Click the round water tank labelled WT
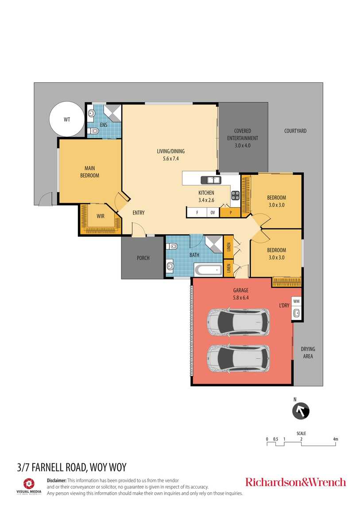click(67, 119)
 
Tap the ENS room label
click(104, 125)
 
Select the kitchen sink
click(211, 180)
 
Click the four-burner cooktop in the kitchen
click(235, 196)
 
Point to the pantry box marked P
click(230, 212)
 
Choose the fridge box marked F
click(197, 212)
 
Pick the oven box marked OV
click(213, 212)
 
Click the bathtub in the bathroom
click(208, 270)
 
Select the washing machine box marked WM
click(296, 301)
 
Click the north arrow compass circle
click(301, 411)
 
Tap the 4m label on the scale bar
click(336, 439)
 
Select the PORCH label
click(143, 258)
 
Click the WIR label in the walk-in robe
click(101, 216)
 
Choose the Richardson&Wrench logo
click(296, 482)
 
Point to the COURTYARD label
click(295, 131)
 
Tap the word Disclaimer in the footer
click(57, 480)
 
